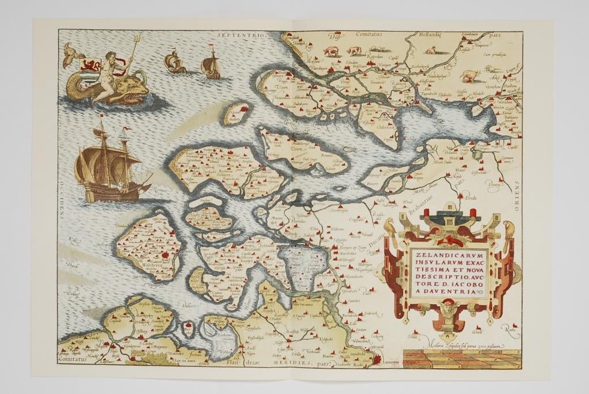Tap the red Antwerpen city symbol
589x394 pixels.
coord(377,361)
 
